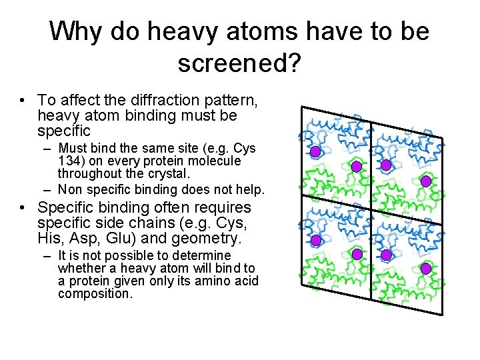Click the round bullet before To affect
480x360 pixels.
(24, 101)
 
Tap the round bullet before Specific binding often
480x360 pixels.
(24, 209)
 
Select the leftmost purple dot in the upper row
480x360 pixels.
(315, 152)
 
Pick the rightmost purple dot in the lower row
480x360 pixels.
(426, 268)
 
